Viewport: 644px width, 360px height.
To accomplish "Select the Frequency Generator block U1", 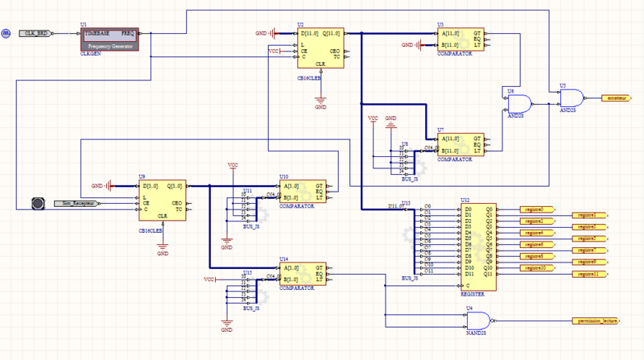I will coord(110,39).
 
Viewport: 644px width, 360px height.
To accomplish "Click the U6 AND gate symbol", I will coord(516,103).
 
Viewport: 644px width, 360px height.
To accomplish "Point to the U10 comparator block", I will coord(302,192).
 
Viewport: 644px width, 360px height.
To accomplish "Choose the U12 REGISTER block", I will coord(476,247).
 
